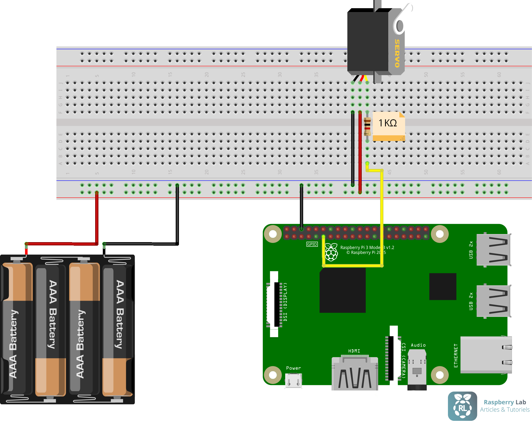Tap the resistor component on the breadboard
pyautogui.click(x=367, y=126)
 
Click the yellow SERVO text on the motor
pyautogui.click(x=397, y=53)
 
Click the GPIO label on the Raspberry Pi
pyautogui.click(x=312, y=244)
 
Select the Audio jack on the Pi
pyautogui.click(x=417, y=369)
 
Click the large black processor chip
pyautogui.click(x=342, y=290)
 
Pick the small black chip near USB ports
pyautogui.click(x=443, y=286)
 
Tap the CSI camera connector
pyautogui.click(x=392, y=355)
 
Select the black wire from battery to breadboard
pyautogui.click(x=177, y=217)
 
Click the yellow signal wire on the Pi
pyautogui.click(x=352, y=266)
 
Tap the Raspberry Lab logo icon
pyautogui.click(x=462, y=406)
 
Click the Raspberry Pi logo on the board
pyautogui.click(x=331, y=252)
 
